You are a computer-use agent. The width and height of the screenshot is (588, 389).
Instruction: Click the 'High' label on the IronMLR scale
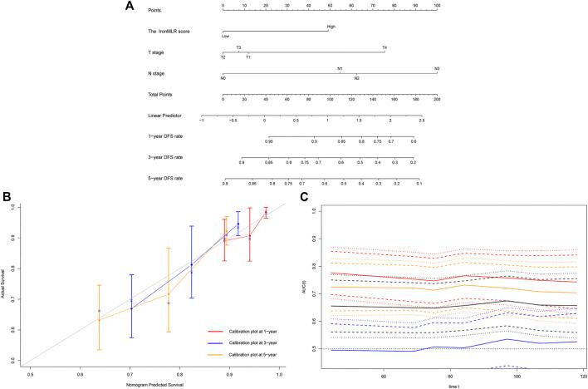click(331, 26)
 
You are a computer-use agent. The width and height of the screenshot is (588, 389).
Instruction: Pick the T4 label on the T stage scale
click(385, 47)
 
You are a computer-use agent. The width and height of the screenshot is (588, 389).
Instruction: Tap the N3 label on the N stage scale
click(437, 69)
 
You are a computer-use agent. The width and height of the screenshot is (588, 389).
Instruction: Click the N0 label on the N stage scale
click(223, 78)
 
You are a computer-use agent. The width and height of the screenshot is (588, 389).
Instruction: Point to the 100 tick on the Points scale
click(437, 6)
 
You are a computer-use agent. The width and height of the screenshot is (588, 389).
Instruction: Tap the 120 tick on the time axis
click(583, 376)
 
